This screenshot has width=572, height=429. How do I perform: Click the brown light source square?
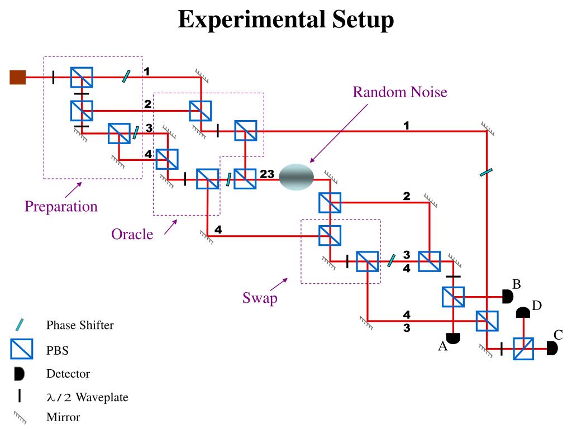17,77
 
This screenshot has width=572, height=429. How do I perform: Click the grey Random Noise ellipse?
296,177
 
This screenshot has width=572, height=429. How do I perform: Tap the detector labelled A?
453,338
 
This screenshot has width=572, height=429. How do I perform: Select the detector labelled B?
507,297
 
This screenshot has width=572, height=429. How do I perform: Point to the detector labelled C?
552,349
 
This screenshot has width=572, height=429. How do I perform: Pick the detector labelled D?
523,313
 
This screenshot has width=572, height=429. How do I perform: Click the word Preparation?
61,207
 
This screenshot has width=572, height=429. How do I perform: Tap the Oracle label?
132,234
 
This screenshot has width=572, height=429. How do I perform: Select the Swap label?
260,298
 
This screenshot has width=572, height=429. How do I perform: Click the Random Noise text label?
400,92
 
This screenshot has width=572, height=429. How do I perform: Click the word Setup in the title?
363,20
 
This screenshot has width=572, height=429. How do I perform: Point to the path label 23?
267,174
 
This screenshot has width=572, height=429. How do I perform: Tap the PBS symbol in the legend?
22,349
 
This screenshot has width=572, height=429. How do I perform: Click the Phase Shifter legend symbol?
20,325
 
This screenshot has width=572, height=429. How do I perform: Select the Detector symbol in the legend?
19,374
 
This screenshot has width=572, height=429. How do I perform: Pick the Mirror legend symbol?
20,417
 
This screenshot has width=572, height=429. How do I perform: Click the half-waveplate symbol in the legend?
20,395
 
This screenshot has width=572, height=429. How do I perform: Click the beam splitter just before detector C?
523,349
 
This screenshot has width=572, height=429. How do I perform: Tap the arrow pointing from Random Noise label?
339,134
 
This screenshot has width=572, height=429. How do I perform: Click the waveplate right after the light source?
54,77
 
